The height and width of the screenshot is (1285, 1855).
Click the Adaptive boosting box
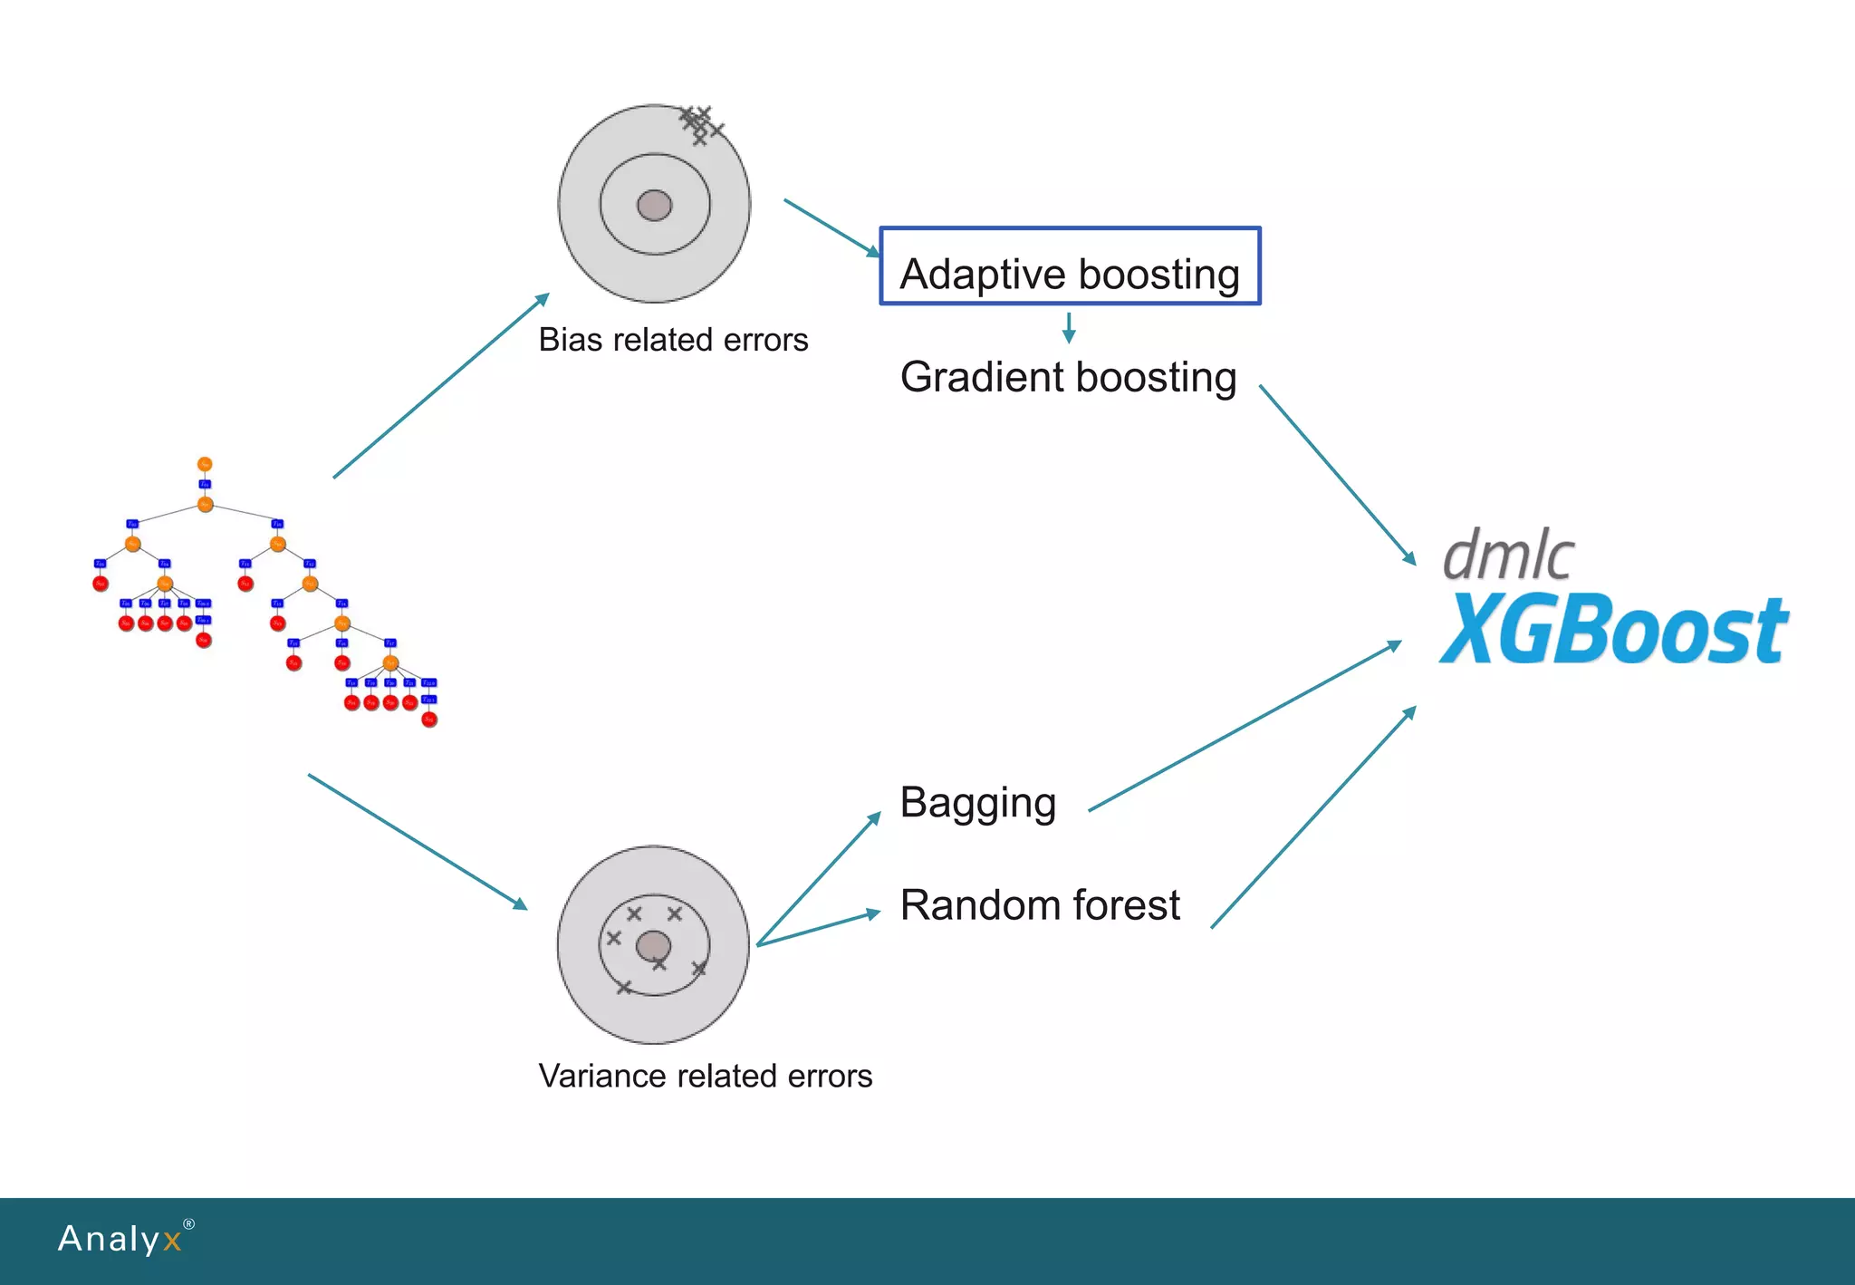[x=1070, y=266]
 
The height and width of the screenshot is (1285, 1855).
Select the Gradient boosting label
[x=1068, y=377]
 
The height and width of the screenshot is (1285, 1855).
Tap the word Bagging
[x=978, y=803]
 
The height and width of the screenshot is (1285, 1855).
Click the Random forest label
[x=1040, y=905]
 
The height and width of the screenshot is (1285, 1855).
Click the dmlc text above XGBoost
[x=1508, y=555]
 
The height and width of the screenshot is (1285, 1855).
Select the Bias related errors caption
[x=673, y=340]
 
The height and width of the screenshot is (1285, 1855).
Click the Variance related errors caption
[x=705, y=1076]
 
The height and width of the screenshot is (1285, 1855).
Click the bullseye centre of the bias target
[x=654, y=206]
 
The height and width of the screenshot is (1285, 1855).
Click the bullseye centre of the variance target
[x=653, y=947]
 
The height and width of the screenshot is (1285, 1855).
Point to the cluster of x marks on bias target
[x=700, y=124]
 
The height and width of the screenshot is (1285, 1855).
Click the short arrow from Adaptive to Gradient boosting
[x=1069, y=328]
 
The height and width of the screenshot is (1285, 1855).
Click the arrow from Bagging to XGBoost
[x=1245, y=726]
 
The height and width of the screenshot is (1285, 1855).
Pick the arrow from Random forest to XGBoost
[x=1313, y=816]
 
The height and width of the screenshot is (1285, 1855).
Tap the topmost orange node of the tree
[x=205, y=464]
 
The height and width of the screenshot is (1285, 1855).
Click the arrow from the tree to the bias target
[x=441, y=385]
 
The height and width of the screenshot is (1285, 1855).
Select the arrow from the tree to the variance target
[x=418, y=842]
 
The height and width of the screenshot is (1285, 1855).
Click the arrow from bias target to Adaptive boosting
[x=831, y=227]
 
